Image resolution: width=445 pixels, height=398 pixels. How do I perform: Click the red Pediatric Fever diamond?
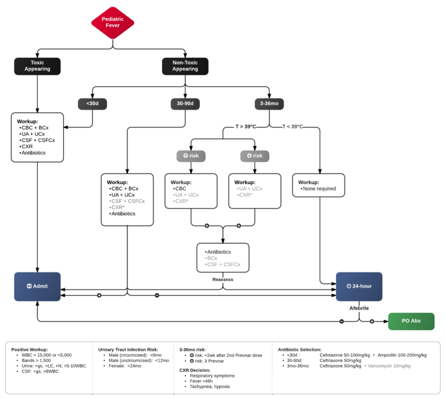(x=112, y=23)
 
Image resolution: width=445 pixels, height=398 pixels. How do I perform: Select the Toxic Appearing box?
(x=37, y=66)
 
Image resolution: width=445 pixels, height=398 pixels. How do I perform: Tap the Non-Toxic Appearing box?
(x=185, y=66)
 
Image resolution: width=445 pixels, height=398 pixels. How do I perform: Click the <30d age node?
(x=92, y=104)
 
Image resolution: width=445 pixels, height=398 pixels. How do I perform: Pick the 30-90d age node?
(x=185, y=104)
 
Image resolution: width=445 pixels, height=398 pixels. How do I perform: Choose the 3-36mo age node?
(x=269, y=104)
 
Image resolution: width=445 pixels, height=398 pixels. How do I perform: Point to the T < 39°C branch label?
(x=292, y=126)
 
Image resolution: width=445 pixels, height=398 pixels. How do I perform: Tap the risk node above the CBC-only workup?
(x=191, y=156)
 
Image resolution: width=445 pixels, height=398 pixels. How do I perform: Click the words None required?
(x=320, y=189)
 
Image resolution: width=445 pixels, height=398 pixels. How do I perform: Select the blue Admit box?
(x=37, y=286)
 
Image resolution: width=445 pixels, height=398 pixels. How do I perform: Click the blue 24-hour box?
(x=359, y=286)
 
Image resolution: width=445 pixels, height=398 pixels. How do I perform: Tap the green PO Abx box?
(x=411, y=322)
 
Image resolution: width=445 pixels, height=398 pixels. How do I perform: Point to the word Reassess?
(x=222, y=280)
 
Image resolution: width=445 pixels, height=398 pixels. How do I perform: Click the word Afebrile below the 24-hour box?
(x=359, y=308)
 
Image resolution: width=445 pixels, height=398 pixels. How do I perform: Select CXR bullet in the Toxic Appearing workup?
(x=27, y=146)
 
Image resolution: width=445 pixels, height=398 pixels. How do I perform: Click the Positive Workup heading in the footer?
(x=29, y=349)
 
